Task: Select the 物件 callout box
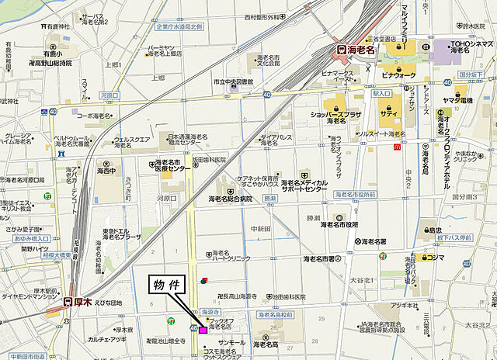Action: click(165, 285)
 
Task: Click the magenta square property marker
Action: click(203, 330)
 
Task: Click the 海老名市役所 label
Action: click(339, 225)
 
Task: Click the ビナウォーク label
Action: click(398, 74)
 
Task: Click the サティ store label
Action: click(389, 112)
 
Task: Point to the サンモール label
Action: click(232, 342)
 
